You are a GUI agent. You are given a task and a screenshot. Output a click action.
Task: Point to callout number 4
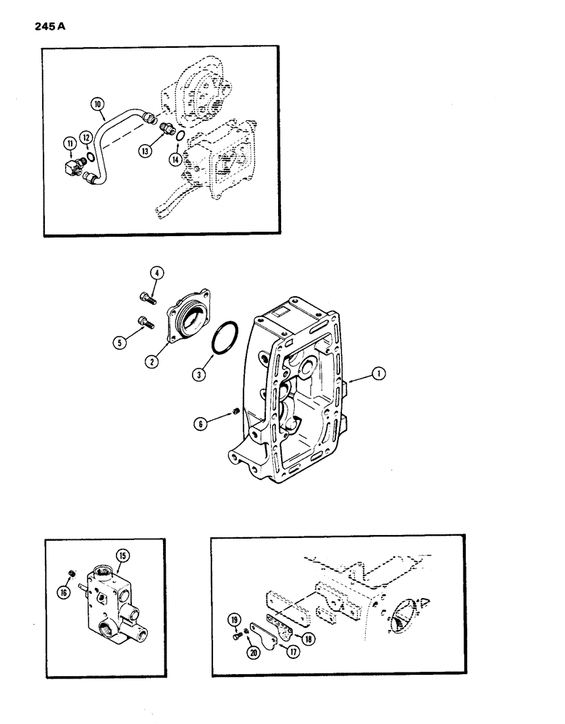(x=157, y=273)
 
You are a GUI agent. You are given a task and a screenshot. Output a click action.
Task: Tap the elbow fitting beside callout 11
(x=73, y=168)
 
